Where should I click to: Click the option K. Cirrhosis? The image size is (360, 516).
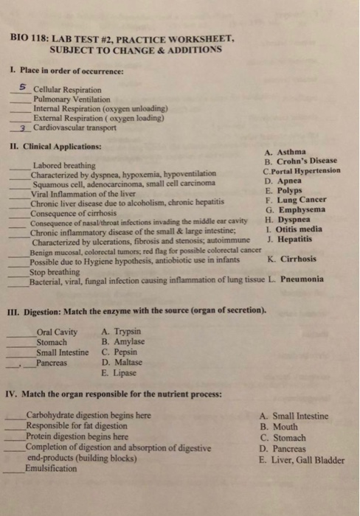coord(293,259)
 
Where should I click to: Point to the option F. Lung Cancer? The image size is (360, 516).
coord(297,199)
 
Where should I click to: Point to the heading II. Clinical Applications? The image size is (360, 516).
coord(55,146)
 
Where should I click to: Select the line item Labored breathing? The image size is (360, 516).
coord(63,165)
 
